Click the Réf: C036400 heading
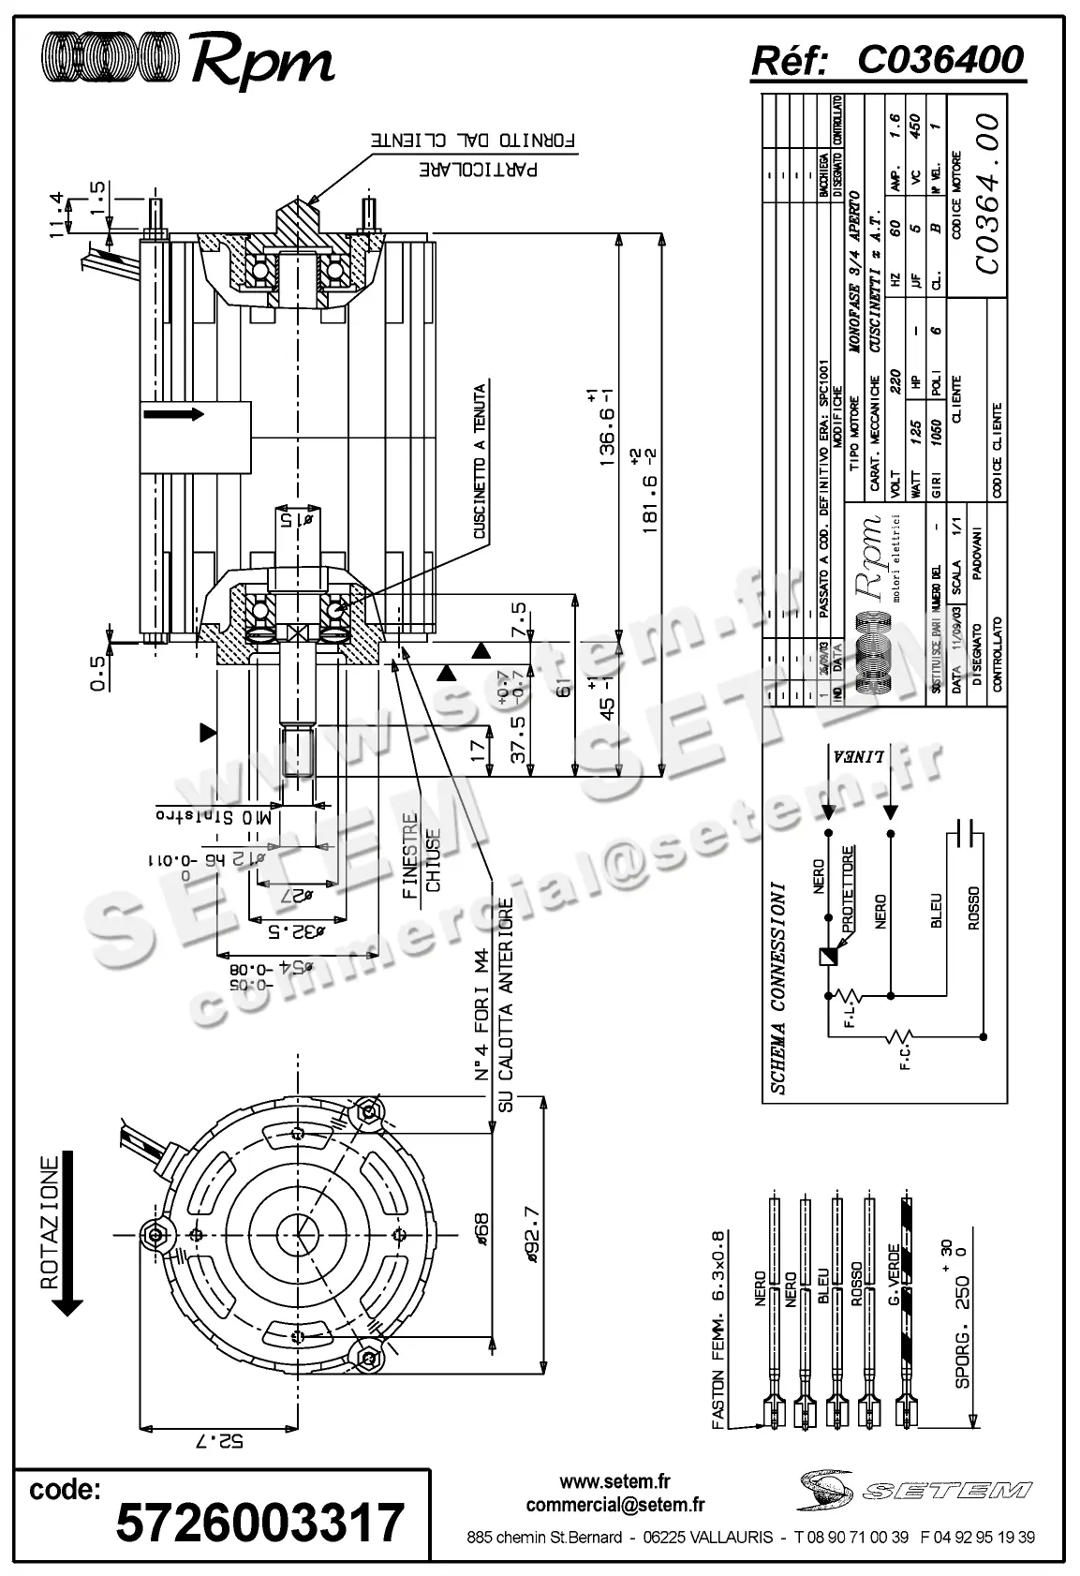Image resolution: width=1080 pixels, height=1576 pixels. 887,60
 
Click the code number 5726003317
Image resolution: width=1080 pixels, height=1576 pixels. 259,1523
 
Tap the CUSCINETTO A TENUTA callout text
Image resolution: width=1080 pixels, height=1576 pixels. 480,462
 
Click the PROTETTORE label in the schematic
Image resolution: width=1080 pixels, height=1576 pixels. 848,890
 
